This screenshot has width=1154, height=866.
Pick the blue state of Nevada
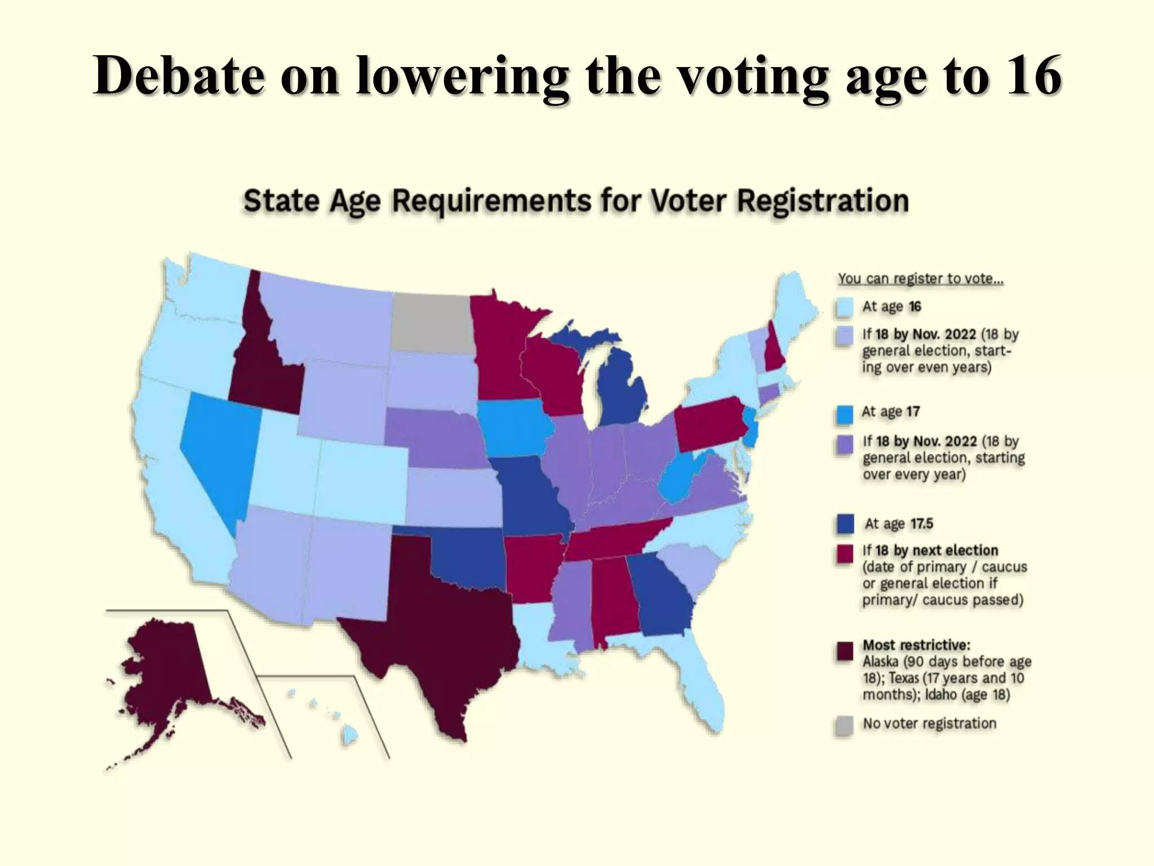217,445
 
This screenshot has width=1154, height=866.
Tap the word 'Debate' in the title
179,76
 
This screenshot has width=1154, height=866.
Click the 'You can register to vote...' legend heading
920,279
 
